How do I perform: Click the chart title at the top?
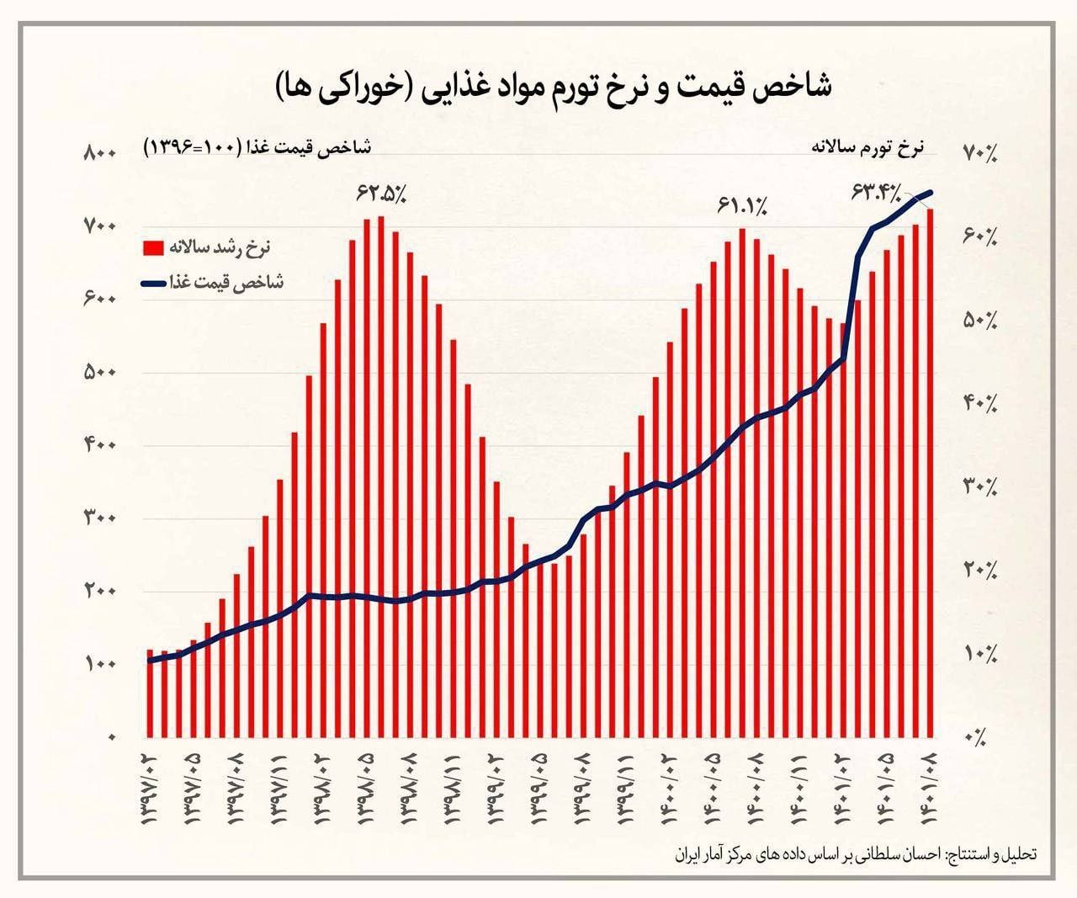(x=552, y=87)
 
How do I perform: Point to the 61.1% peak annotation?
(x=742, y=205)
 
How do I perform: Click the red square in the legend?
(x=153, y=248)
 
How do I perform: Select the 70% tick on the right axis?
(x=979, y=152)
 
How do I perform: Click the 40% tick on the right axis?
(x=979, y=403)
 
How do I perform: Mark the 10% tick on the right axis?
(x=979, y=653)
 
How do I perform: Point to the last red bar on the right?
(x=930, y=471)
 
